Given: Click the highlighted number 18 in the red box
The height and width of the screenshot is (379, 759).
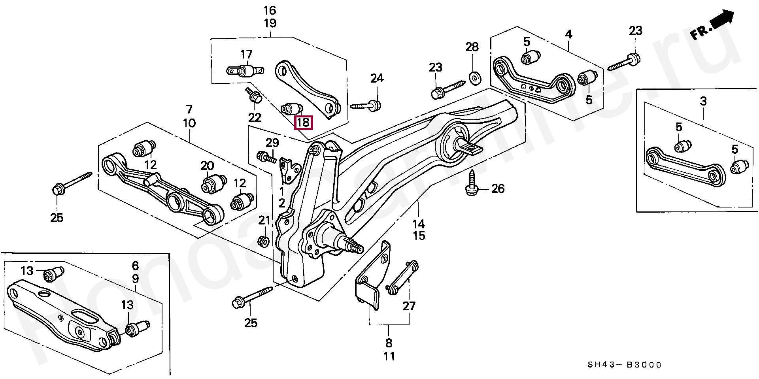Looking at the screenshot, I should pyautogui.click(x=303, y=122).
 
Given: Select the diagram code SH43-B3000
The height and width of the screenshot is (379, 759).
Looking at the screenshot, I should pyautogui.click(x=631, y=365).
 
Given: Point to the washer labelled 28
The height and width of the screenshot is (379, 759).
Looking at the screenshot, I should pyautogui.click(x=472, y=76).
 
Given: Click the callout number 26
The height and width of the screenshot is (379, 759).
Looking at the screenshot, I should pyautogui.click(x=498, y=189).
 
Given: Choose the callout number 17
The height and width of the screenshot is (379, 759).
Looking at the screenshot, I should pyautogui.click(x=246, y=54).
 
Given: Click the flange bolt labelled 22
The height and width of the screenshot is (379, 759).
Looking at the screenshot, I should pyautogui.click(x=254, y=95).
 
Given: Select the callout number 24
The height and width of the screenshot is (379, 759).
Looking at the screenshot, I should pyautogui.click(x=377, y=78).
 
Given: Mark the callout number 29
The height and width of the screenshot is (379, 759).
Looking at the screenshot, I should pyautogui.click(x=272, y=143).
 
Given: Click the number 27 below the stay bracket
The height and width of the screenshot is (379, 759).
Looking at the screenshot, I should pyautogui.click(x=409, y=306).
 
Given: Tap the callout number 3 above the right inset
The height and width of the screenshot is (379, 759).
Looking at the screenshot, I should pyautogui.click(x=703, y=102).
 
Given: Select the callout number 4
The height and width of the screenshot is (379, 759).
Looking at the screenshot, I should pyautogui.click(x=568, y=34).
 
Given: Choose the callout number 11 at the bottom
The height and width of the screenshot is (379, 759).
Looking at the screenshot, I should pyautogui.click(x=389, y=356).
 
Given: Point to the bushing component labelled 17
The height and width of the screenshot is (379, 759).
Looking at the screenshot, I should pyautogui.click(x=245, y=71).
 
